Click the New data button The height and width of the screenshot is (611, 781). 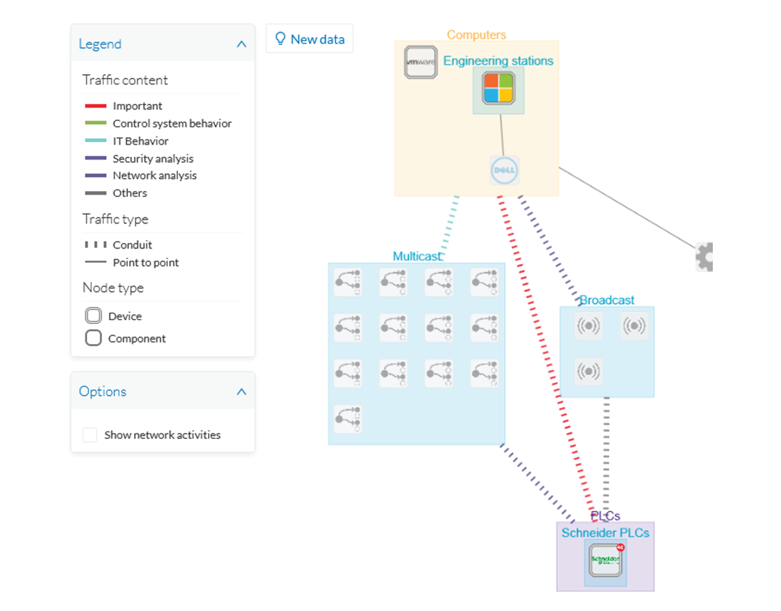[309, 39]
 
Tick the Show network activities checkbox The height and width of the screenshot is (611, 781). [90, 435]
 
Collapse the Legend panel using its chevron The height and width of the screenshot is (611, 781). [241, 44]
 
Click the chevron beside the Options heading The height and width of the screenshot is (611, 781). [241, 392]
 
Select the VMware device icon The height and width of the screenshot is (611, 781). [421, 62]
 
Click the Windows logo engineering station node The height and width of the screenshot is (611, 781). [498, 88]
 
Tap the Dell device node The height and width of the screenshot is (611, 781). [504, 170]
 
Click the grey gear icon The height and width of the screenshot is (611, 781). [705, 257]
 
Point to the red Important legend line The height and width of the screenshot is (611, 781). [95, 106]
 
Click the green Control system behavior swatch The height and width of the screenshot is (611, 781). [95, 123]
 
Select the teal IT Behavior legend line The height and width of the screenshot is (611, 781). [95, 141]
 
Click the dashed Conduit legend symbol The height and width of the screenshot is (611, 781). [95, 244]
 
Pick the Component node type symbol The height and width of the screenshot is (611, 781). [94, 338]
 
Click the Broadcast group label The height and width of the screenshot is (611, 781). [607, 300]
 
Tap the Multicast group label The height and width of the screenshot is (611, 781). [417, 256]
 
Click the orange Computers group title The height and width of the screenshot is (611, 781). [476, 35]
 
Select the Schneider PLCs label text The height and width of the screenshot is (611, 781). [605, 533]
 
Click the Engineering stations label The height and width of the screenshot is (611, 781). [498, 61]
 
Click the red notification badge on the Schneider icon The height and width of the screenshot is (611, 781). [620, 548]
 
